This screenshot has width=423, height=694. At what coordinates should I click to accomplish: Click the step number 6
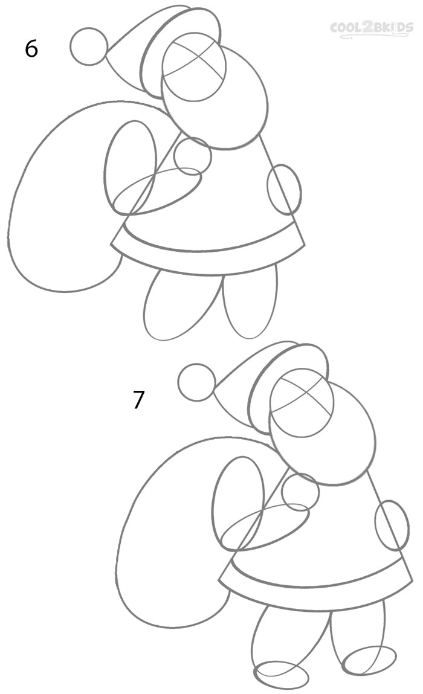[31, 48]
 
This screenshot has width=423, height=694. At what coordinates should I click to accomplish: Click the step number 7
[139, 400]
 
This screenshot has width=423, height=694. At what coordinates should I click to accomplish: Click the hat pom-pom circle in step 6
[89, 46]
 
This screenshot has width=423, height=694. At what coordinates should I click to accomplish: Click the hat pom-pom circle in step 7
[197, 382]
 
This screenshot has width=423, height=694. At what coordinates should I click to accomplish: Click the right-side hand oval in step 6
[284, 189]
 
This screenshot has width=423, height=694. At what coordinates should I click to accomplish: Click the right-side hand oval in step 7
[392, 525]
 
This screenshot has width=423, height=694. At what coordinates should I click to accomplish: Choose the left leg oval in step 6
[175, 305]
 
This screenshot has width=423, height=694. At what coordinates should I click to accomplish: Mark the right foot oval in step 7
[369, 660]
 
